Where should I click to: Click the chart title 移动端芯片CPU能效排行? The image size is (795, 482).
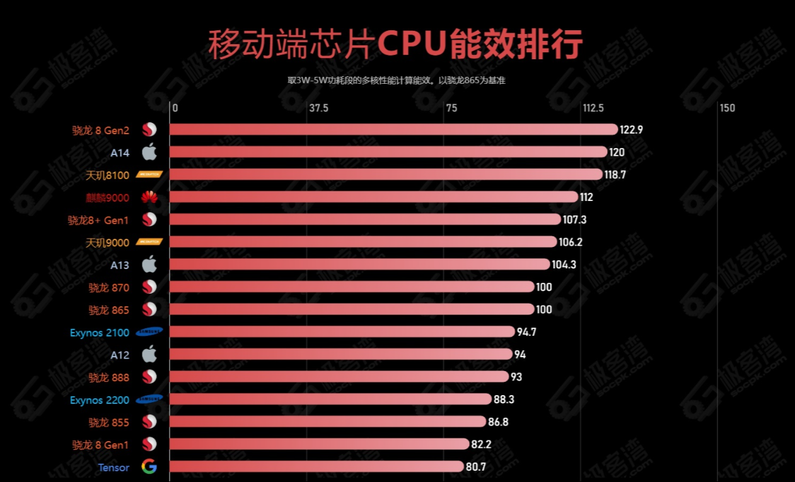tap(395, 44)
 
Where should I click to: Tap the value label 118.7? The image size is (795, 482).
tap(615, 175)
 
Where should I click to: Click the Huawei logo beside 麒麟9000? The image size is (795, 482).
tap(149, 198)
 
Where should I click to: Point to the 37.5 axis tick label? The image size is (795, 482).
tap(318, 108)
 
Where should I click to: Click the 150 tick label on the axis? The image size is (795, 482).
tap(727, 108)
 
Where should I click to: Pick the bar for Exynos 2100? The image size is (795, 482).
tap(342, 332)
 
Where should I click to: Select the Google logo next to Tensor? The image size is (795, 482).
tap(149, 467)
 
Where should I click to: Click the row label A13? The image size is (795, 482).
tap(120, 265)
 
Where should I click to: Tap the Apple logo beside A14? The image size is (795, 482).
tap(149, 152)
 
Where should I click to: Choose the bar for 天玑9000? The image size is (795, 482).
tap(363, 242)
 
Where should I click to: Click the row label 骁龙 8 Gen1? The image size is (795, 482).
tap(100, 445)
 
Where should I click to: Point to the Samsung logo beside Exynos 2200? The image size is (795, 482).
tap(149, 399)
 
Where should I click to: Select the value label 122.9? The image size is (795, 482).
tap(631, 130)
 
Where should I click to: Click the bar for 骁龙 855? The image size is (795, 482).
tap(328, 422)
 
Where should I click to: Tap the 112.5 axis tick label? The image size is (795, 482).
tap(593, 108)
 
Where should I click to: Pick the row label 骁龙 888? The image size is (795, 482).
tap(108, 377)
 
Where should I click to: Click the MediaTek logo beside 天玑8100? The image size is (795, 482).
tap(149, 175)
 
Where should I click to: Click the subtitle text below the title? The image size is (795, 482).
tap(397, 81)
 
